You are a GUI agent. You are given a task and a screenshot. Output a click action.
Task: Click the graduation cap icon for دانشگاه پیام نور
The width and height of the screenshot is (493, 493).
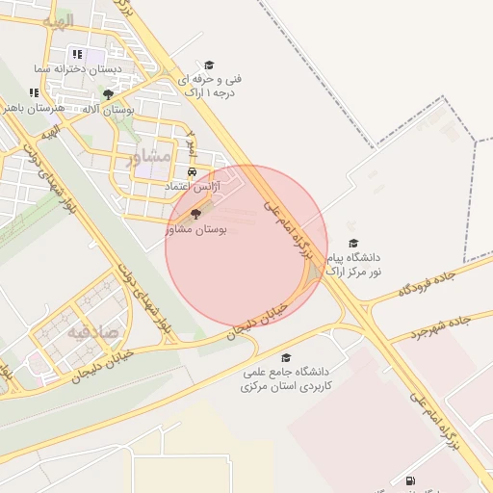(x=352, y=243)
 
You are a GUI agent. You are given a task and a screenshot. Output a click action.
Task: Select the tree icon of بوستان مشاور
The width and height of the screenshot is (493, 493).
(x=196, y=214)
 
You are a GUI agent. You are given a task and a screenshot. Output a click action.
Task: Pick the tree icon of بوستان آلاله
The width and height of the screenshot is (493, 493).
(x=108, y=94)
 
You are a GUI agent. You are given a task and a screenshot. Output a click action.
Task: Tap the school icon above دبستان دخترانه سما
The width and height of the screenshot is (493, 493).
(x=77, y=55)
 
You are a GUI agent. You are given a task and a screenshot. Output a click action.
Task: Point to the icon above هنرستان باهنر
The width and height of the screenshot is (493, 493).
(x=34, y=92)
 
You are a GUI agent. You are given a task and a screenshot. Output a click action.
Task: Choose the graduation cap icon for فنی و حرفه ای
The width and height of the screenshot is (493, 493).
(x=209, y=65)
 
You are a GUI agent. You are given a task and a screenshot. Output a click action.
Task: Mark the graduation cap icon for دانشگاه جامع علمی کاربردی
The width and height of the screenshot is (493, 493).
(x=286, y=356)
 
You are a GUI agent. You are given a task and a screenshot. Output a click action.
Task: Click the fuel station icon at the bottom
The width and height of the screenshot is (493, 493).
(x=412, y=480)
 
